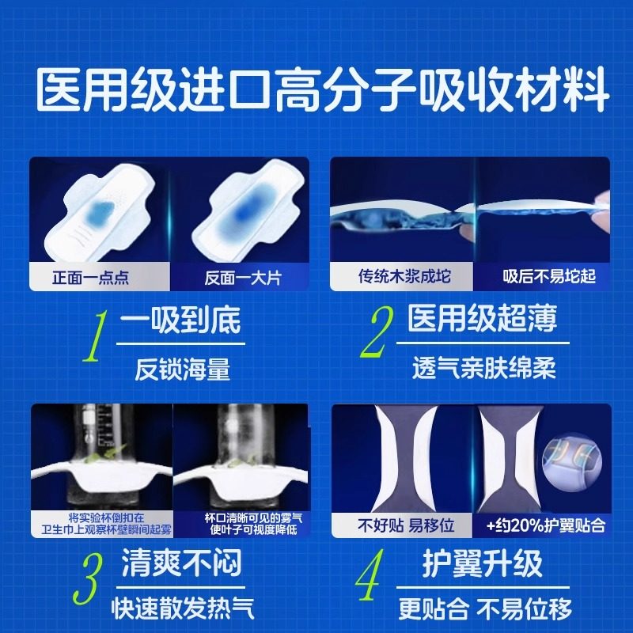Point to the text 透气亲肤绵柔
[483, 369]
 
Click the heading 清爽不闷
[181, 563]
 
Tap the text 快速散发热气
[181, 608]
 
